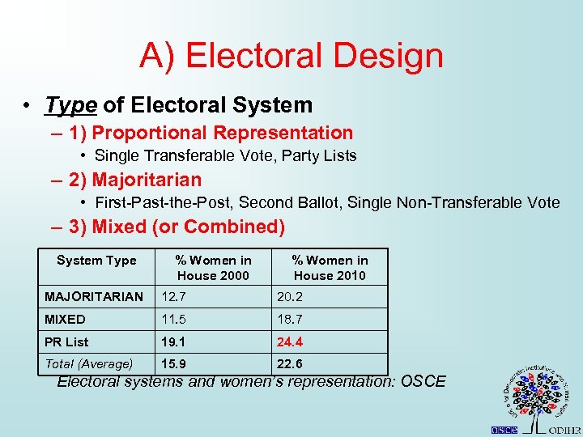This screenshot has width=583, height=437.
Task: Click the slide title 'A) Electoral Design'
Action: point(291,57)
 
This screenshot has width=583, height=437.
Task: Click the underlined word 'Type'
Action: point(71,105)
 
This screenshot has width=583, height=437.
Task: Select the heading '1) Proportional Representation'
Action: point(211,134)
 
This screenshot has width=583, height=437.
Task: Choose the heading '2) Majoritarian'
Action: point(135,180)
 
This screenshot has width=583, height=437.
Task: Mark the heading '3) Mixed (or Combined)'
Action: point(177,227)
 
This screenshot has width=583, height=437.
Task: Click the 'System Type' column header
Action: point(96,261)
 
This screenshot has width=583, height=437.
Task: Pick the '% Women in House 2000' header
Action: point(214,268)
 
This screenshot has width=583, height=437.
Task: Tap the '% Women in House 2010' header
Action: point(330,268)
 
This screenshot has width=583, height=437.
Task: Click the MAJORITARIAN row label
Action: point(94,297)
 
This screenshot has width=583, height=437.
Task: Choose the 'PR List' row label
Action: point(67,342)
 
